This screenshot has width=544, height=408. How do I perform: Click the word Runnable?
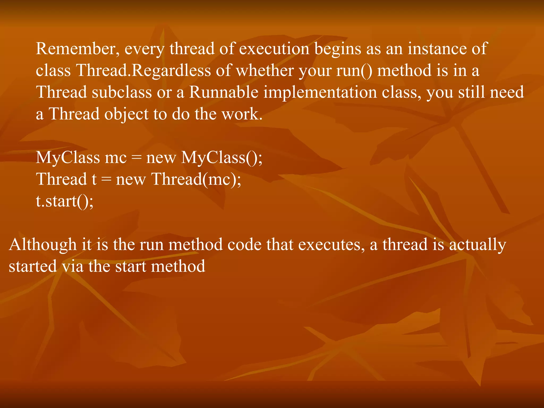(223, 92)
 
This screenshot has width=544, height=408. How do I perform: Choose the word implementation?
(320, 92)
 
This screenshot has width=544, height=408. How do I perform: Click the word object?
(126, 114)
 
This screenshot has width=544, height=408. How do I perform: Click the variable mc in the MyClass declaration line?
(116, 158)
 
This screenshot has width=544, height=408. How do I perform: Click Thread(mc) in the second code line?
(196, 179)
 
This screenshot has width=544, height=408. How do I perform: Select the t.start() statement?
(65, 201)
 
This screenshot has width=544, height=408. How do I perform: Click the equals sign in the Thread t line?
(106, 180)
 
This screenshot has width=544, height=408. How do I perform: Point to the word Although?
(42, 245)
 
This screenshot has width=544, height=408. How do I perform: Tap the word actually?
(477, 245)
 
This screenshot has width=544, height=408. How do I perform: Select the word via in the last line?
(73, 266)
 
